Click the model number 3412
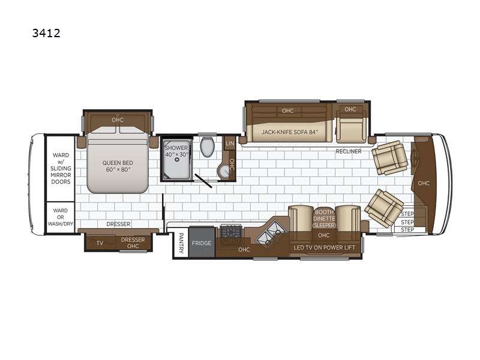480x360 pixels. coord(46,33)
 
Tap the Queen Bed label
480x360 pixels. coord(118,166)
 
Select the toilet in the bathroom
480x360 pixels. coord(208,146)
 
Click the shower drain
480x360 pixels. coord(176,160)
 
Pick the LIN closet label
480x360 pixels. coord(230,143)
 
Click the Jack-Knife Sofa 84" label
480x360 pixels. coord(290,132)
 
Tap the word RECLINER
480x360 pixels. coord(349,151)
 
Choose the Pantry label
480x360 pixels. coord(181,243)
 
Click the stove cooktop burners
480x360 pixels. coord(231,231)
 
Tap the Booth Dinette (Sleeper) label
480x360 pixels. coord(324,218)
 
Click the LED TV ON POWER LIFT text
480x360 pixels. coord(325,247)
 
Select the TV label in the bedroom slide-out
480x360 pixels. coord(100,243)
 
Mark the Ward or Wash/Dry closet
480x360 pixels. coord(61,217)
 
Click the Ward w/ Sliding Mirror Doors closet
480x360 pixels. coord(61,169)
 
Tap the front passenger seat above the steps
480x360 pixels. coord(384,208)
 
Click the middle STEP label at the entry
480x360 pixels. coord(407,222)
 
